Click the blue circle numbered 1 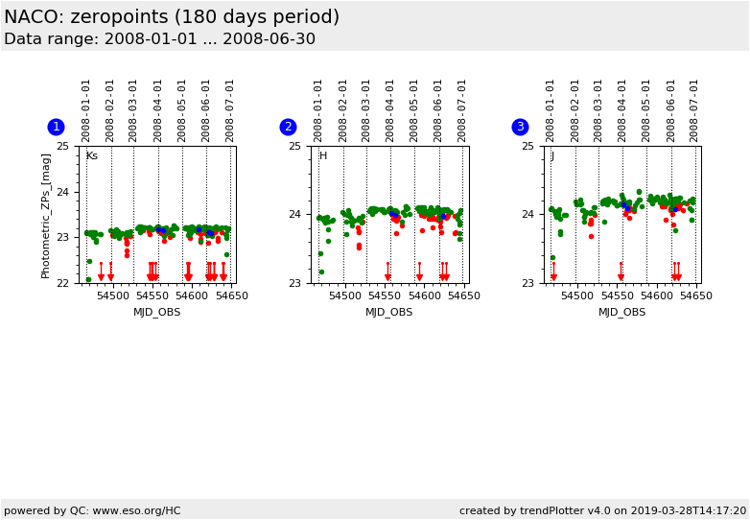[56, 127]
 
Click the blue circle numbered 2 [288, 127]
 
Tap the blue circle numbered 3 [520, 127]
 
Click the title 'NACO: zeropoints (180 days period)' [172, 17]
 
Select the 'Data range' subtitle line [159, 39]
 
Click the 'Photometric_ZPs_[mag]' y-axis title [46, 215]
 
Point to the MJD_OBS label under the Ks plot [156, 312]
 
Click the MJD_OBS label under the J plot [621, 312]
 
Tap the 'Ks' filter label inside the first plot [91, 156]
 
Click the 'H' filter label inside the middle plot [323, 156]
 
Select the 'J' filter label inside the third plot [551, 156]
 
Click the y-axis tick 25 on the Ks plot [62, 146]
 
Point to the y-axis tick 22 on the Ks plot [62, 283]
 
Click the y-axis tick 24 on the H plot [294, 215]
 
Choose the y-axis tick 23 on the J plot [527, 283]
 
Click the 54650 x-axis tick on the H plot [463, 296]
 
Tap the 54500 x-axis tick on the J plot [577, 296]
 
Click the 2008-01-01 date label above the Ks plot [86, 109]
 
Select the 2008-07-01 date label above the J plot [694, 109]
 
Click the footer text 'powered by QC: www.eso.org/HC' [92, 510]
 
